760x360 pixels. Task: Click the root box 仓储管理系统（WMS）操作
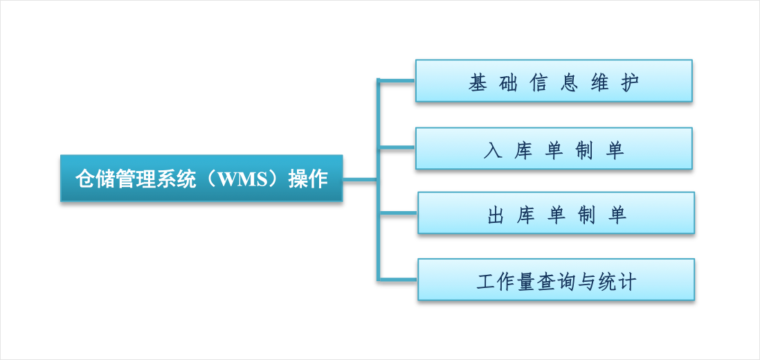pyautogui.click(x=201, y=178)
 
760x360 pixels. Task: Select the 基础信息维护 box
pyautogui.click(x=554, y=80)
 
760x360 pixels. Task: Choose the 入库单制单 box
pyautogui.click(x=554, y=148)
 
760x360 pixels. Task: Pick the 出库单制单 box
pyautogui.click(x=556, y=213)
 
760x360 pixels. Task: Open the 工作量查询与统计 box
pyautogui.click(x=556, y=280)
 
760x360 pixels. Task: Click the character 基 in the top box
pyautogui.click(x=478, y=83)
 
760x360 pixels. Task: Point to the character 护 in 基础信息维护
pyautogui.click(x=629, y=83)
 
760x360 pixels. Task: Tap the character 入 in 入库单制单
pyautogui.click(x=493, y=151)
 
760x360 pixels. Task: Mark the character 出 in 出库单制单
pyautogui.click(x=496, y=215)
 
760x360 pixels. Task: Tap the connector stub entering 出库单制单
pyautogui.click(x=398, y=213)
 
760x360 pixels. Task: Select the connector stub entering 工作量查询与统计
pyautogui.click(x=398, y=279)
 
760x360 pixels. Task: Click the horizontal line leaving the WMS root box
pyautogui.click(x=360, y=180)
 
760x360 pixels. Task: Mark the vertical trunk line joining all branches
pyautogui.click(x=378, y=179)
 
